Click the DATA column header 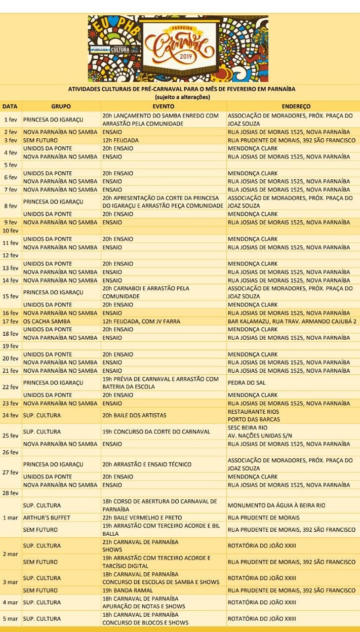(x=10, y=106)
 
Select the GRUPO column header (x=61, y=106)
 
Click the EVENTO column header (x=163, y=106)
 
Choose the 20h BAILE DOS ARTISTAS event (x=134, y=415)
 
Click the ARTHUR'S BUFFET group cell (x=47, y=517)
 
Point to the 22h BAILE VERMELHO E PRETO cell (x=142, y=517)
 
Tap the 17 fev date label (x=11, y=321)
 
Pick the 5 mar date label (x=11, y=619)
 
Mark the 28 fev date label (x=11, y=493)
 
